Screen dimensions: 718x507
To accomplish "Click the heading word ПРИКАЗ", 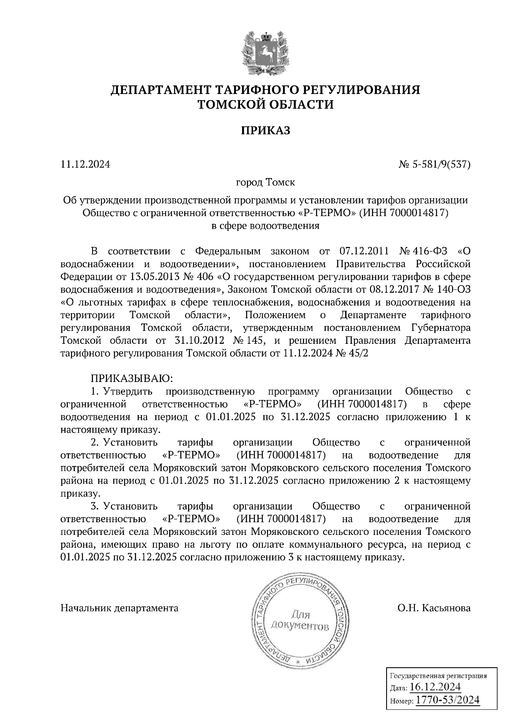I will tap(266, 131).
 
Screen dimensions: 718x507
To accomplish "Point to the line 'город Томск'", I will tap(266, 183).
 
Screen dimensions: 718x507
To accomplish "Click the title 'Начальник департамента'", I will tap(120, 608).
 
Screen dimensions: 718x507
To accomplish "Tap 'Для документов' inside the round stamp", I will tap(300, 620).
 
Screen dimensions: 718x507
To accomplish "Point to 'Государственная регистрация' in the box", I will tap(438, 675).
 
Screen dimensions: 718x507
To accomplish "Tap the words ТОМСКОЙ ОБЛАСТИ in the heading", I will tap(266, 104).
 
